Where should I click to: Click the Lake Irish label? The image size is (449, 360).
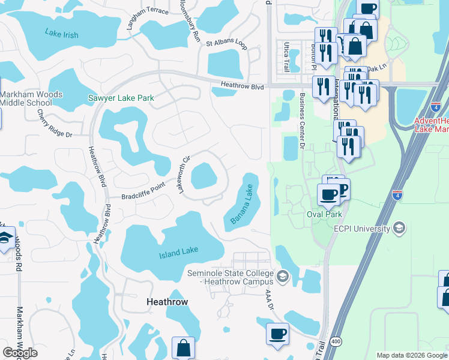pyautogui.click(x=62, y=34)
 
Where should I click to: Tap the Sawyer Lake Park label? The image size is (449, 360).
pyautogui.click(x=121, y=98)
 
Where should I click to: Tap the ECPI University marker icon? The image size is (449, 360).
pyautogui.click(x=399, y=228)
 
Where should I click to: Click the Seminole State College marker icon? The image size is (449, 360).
pyautogui.click(x=283, y=277)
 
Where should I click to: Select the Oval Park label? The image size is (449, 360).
pyautogui.click(x=324, y=214)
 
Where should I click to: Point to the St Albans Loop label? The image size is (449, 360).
pyautogui.click(x=226, y=43)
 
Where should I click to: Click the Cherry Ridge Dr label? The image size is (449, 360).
pyautogui.click(x=54, y=124)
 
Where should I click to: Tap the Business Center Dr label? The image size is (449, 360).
pyautogui.click(x=302, y=120)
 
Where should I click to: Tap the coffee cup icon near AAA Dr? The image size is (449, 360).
pyautogui.click(x=277, y=334)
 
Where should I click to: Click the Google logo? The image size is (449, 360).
pyautogui.click(x=20, y=353)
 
